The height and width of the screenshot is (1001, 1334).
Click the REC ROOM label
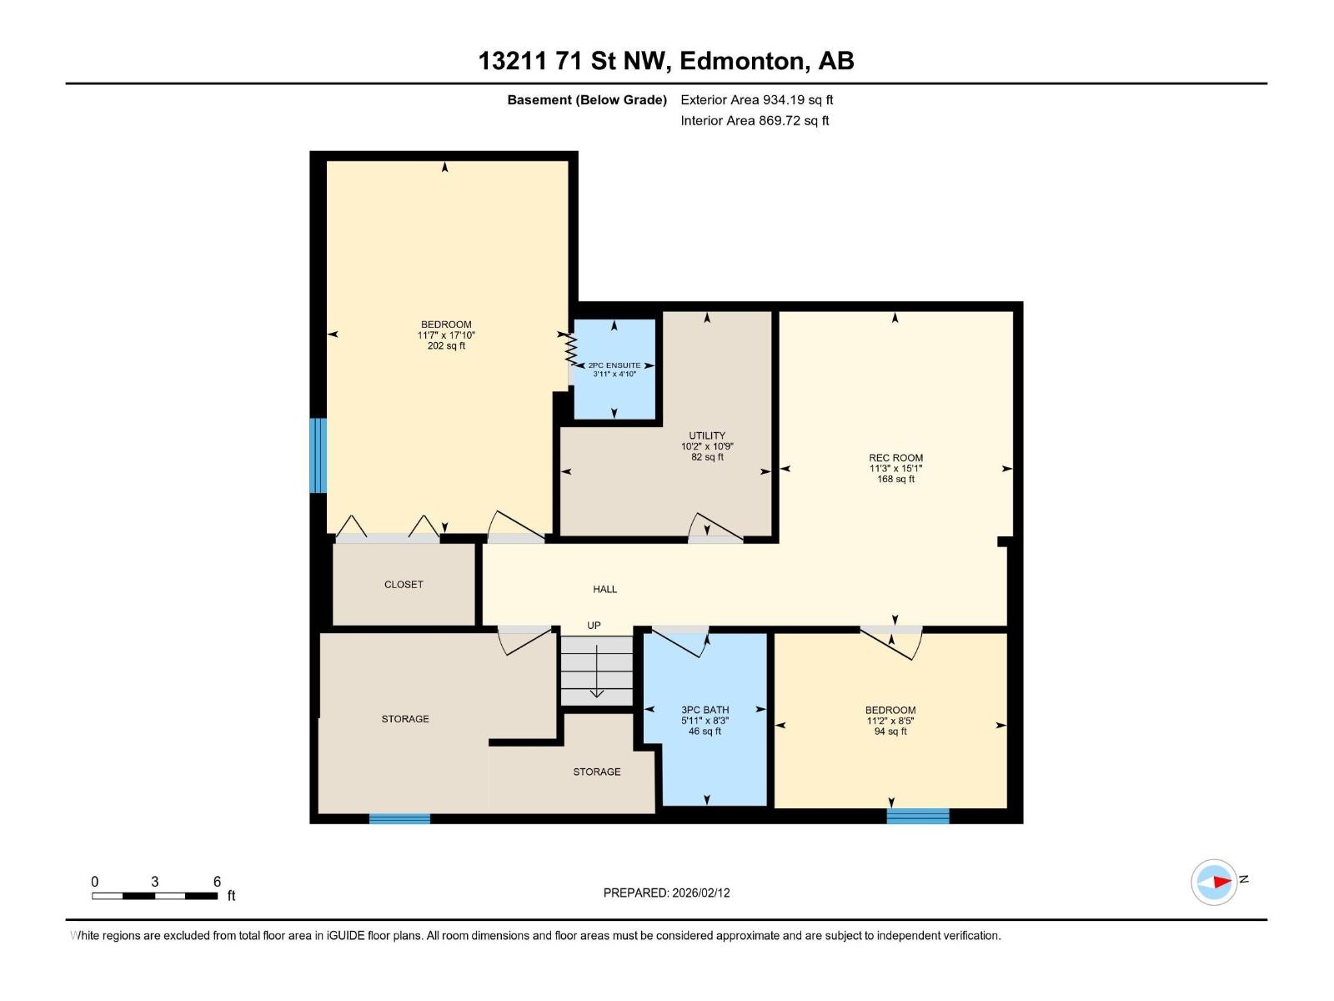[x=895, y=458]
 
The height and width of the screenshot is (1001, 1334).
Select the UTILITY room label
[x=706, y=435]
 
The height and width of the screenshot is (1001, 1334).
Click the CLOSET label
[x=404, y=585]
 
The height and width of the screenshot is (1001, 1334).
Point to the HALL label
[x=604, y=589]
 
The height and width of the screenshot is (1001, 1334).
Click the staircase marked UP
[x=596, y=671]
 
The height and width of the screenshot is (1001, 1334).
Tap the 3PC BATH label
[x=705, y=710]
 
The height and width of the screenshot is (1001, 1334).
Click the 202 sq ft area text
[x=446, y=346]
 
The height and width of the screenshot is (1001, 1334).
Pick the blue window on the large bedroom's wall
[x=318, y=455]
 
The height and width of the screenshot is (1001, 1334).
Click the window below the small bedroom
[x=917, y=816]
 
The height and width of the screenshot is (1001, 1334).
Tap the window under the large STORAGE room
[x=399, y=819]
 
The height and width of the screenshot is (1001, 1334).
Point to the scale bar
[x=155, y=896]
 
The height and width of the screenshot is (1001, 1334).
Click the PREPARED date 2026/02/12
[x=666, y=893]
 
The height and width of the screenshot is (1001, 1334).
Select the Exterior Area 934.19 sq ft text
[x=756, y=100]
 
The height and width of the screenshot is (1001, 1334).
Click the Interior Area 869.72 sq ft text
[x=755, y=121]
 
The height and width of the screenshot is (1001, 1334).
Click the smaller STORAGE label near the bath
[x=596, y=772]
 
